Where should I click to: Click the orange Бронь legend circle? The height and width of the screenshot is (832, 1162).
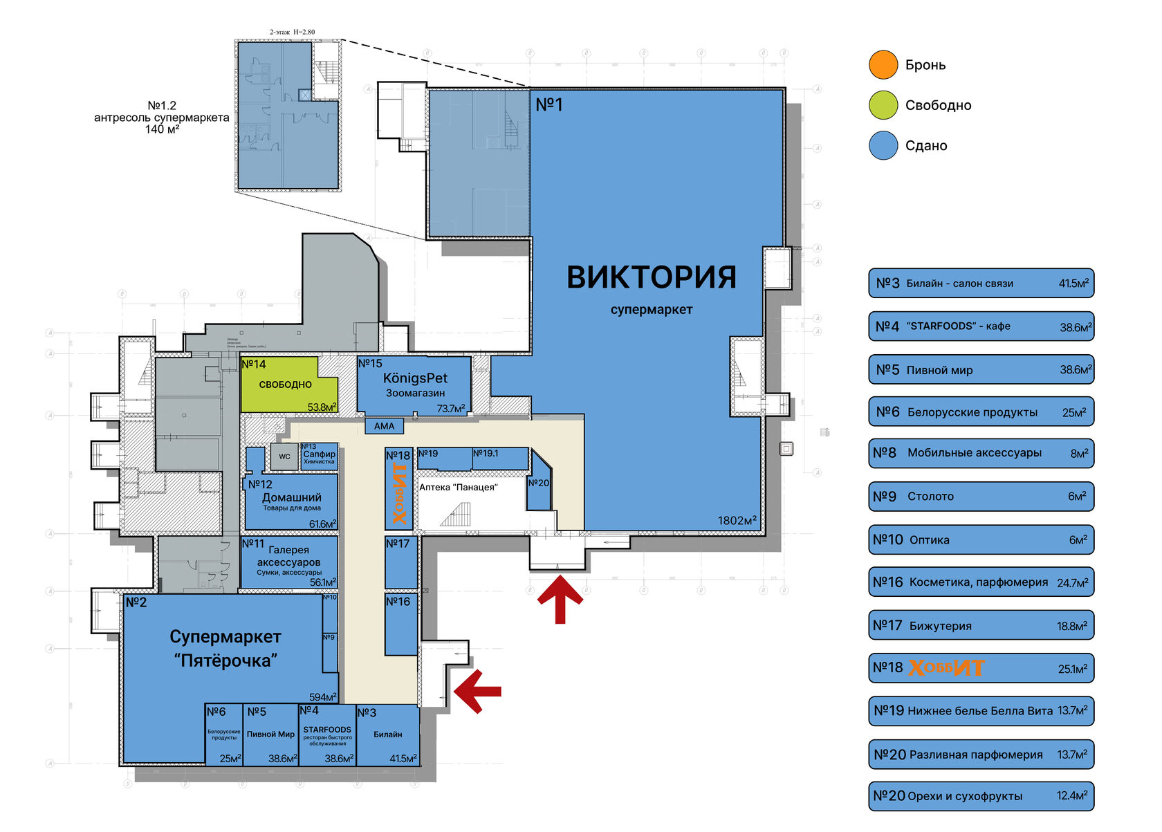click(x=883, y=65)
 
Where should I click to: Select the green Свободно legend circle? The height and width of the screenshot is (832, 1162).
click(x=883, y=105)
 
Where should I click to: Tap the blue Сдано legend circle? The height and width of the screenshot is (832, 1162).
click(x=883, y=145)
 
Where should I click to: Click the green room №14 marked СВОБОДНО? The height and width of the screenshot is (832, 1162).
click(x=285, y=385)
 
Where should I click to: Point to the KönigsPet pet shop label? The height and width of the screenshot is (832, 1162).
click(x=415, y=379)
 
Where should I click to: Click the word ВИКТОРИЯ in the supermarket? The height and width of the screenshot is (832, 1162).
click(x=651, y=277)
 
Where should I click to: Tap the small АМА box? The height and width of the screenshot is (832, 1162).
click(x=384, y=426)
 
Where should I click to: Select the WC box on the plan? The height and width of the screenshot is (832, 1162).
click(x=284, y=456)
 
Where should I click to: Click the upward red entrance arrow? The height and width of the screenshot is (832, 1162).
click(x=560, y=599)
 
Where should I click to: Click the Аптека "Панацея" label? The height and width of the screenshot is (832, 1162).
click(x=458, y=488)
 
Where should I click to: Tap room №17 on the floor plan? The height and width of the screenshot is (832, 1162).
click(x=401, y=562)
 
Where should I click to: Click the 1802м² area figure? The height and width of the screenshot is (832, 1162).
click(x=737, y=521)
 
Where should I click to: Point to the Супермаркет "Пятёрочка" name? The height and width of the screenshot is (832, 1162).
click(x=225, y=648)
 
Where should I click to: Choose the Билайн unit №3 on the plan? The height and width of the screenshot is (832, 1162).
click(x=387, y=734)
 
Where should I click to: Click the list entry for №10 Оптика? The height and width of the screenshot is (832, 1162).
click(x=981, y=539)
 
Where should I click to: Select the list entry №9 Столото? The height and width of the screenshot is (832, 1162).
click(x=981, y=497)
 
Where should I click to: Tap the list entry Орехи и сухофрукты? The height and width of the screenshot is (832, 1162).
click(x=981, y=796)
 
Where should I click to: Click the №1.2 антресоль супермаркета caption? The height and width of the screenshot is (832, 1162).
click(x=162, y=118)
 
